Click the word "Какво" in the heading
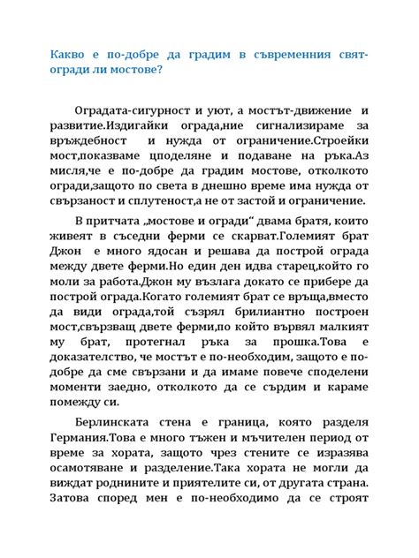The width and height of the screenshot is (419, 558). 68,56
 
